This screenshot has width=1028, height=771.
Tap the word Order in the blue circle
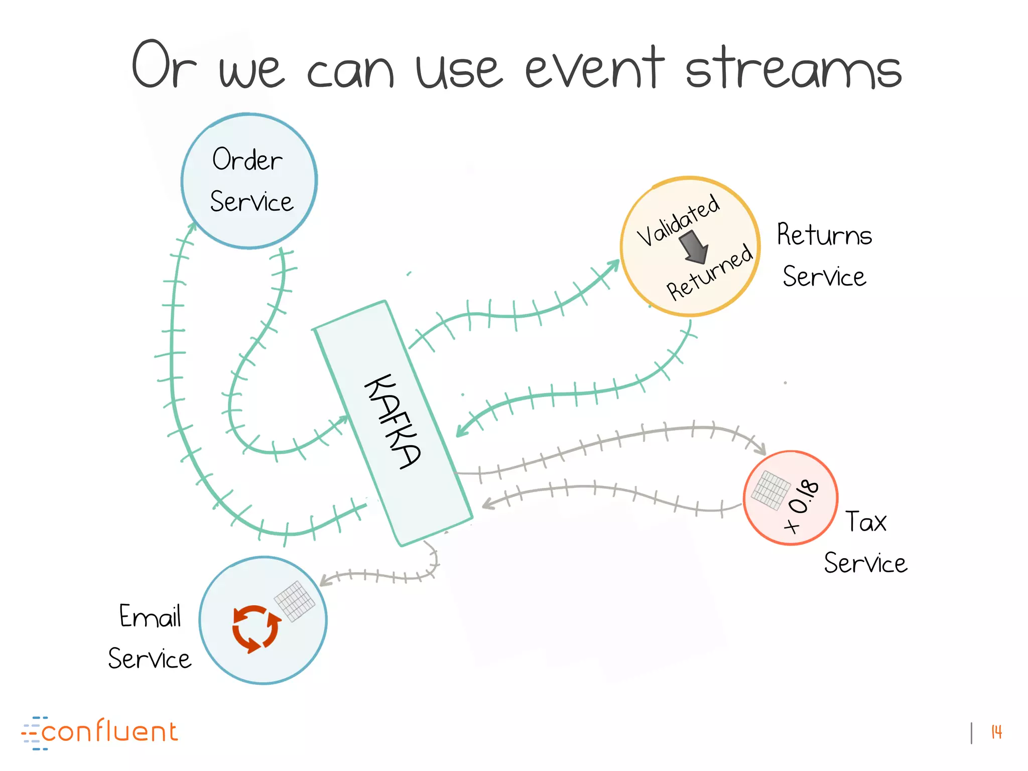click(247, 160)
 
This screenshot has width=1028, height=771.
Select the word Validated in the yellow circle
click(678, 220)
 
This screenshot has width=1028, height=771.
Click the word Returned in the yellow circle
click(709, 273)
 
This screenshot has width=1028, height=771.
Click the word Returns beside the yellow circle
click(824, 235)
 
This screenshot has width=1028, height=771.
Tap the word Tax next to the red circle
click(866, 522)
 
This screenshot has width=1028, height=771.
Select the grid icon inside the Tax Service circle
click(770, 489)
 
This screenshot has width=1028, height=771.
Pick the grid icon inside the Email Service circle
click(295, 600)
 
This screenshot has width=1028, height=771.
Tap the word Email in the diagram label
click(150, 616)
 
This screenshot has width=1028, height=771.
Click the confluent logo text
click(109, 732)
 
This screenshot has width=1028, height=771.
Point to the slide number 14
click(996, 732)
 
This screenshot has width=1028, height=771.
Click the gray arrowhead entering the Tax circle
click(760, 449)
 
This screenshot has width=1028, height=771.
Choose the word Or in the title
click(163, 65)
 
